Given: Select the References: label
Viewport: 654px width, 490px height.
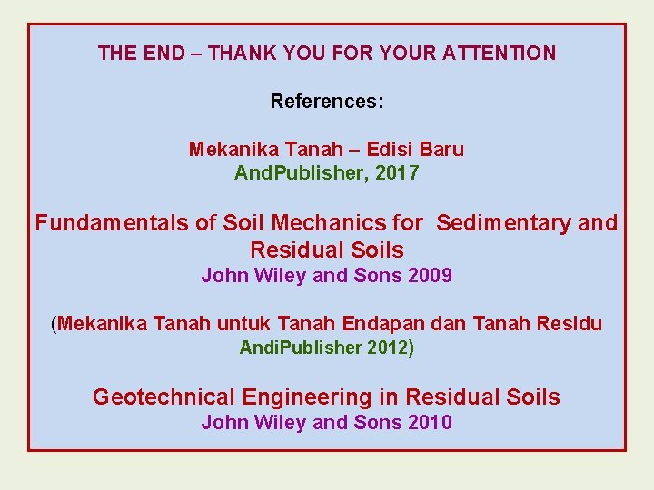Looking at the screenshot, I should (x=327, y=101).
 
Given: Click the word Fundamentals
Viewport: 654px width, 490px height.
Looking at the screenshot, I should (x=112, y=222).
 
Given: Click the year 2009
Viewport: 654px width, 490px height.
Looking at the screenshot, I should (x=431, y=276).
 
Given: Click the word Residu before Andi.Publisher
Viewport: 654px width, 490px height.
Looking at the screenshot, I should (x=570, y=324).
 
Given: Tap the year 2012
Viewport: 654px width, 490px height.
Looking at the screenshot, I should (x=388, y=348).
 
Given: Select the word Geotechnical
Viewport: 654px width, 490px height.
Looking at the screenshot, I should (x=163, y=397).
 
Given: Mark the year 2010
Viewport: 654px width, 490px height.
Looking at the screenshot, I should (x=431, y=422).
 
